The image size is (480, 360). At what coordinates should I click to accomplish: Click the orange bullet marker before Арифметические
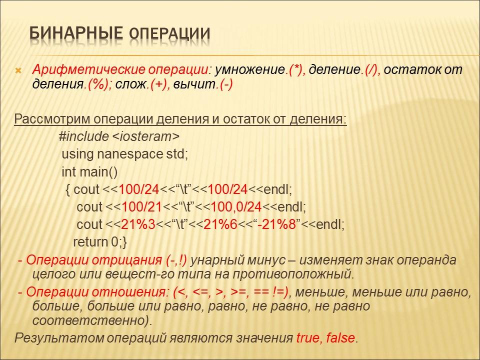click(x=17, y=70)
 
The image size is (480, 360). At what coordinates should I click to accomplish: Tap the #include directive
click(x=83, y=136)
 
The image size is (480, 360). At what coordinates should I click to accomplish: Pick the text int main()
click(x=89, y=172)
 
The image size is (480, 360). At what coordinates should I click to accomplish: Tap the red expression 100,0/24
click(x=235, y=206)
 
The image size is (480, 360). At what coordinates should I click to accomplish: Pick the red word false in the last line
click(x=341, y=337)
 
